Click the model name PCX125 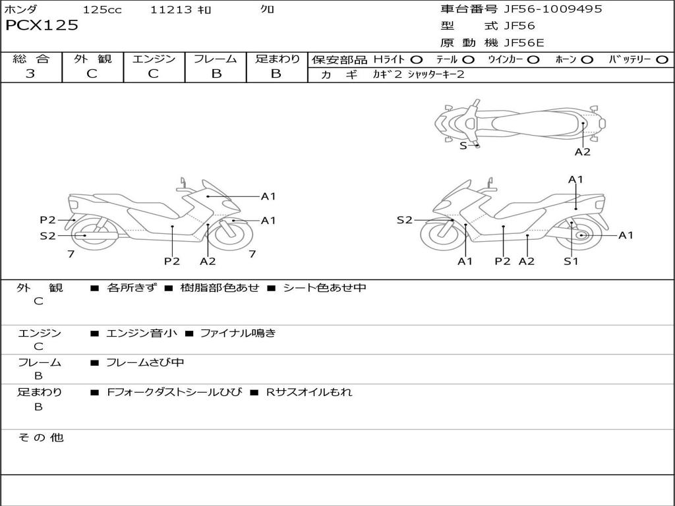click(x=42, y=26)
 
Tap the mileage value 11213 click(x=171, y=10)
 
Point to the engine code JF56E click(x=524, y=43)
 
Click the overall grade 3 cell click(x=30, y=74)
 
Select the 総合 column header click(x=31, y=59)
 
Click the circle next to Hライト click(x=417, y=59)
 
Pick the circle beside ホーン click(x=587, y=59)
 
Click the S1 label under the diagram click(x=571, y=261)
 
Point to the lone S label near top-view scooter click(x=463, y=146)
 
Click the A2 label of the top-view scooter click(x=583, y=152)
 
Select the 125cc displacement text click(x=102, y=10)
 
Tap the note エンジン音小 click(x=142, y=333)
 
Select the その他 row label click(x=40, y=437)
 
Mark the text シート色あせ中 click(x=324, y=288)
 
